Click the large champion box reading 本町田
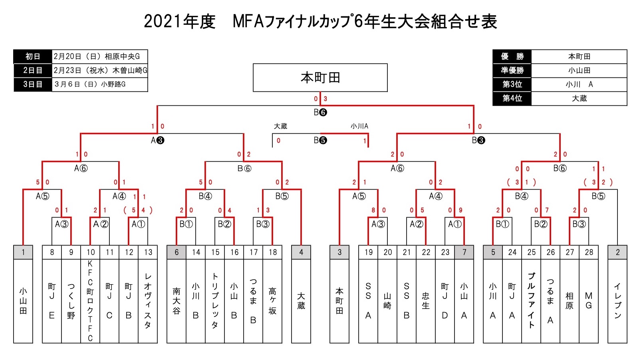point(320,77)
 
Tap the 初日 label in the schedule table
point(33,57)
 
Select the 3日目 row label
point(33,84)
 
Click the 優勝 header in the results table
point(512,57)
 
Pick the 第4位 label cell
point(512,98)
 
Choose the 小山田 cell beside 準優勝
point(579,71)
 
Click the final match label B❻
point(320,113)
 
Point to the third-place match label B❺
point(320,140)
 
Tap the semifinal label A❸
point(157,140)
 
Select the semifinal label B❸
point(478,140)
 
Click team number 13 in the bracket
point(148,252)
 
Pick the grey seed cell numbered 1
point(23,252)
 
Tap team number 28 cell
point(589,252)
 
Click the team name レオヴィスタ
point(148,301)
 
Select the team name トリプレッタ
point(215,301)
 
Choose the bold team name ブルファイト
point(531,301)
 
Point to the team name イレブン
point(617,301)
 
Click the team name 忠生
point(426,301)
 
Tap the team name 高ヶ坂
point(272,301)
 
